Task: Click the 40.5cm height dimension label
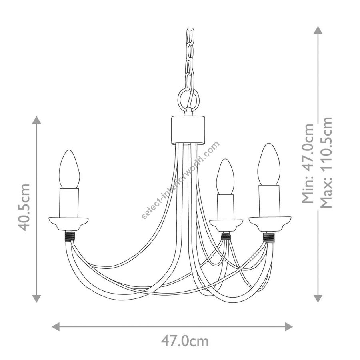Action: coord(24,208)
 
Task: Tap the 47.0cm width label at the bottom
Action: coord(185,341)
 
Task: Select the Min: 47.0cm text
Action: coord(308,164)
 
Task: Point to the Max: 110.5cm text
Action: coord(326,162)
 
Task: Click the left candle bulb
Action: coord(69,169)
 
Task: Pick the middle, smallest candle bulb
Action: coord(225,177)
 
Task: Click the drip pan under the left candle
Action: coord(68,224)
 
